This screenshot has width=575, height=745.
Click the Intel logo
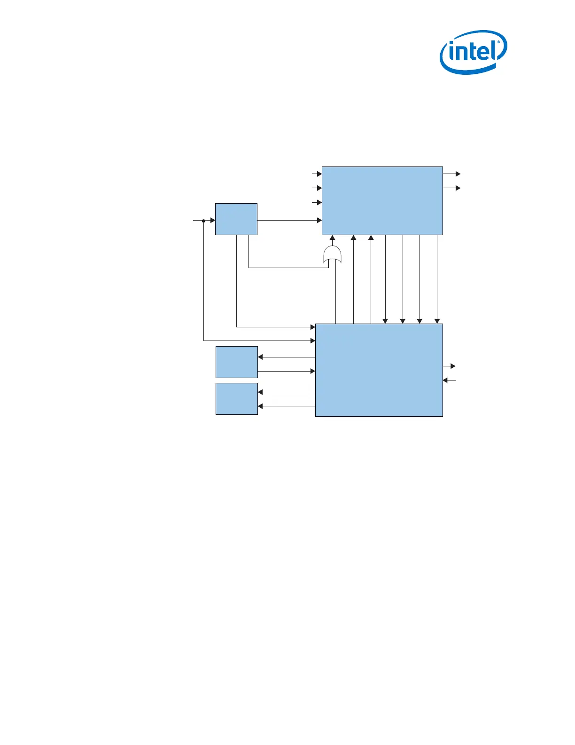473,52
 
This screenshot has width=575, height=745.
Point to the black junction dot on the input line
203,220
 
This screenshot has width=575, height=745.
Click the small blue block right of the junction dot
236,219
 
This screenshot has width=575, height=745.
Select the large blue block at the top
382,200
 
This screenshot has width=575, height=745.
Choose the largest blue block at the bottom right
379,370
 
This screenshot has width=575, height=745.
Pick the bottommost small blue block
236,399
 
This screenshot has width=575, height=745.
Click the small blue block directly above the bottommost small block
236,362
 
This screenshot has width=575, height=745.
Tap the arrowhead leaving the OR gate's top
333,238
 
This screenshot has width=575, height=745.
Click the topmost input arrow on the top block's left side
319,174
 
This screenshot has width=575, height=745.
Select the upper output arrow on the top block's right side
458,174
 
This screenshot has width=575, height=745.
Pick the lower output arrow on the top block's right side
458,188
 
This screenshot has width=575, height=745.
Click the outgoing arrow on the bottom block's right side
452,366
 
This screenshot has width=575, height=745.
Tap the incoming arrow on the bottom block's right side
446,380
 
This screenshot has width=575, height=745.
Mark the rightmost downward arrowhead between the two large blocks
437,321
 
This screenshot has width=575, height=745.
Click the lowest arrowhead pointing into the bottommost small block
260,406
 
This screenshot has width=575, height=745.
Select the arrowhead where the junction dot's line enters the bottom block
312,341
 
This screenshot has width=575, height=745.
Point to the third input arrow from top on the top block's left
319,203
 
